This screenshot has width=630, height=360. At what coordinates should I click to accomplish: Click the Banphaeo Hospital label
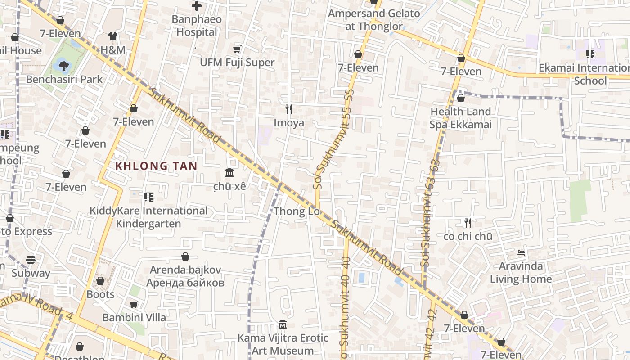click(x=197, y=26)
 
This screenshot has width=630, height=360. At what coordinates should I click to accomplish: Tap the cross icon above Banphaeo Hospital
click(x=197, y=6)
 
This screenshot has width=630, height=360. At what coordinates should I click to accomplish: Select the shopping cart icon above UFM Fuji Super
click(x=237, y=49)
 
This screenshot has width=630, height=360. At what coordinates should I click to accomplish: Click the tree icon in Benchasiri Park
click(x=64, y=66)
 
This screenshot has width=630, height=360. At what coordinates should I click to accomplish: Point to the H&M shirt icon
click(x=112, y=36)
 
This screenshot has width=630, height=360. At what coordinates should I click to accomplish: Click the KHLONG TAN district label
click(x=156, y=166)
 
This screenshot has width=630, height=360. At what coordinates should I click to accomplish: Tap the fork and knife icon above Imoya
click(x=289, y=109)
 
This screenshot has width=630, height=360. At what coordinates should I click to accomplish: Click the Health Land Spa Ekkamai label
click(x=460, y=118)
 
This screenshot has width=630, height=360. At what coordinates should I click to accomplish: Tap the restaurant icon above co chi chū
click(x=468, y=223)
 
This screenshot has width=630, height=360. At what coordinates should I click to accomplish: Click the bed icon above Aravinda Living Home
click(x=521, y=253)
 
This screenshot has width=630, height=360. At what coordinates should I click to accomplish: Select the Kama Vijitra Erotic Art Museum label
click(x=283, y=344)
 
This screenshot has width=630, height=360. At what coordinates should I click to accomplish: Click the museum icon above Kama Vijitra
click(x=283, y=324)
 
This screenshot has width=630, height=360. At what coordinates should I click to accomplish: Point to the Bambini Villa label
click(x=134, y=317)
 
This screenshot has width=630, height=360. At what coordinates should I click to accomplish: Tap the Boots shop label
click(x=100, y=294)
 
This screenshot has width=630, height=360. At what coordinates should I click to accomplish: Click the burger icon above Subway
click(x=31, y=260)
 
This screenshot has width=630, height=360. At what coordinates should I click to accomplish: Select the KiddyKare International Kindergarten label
click(x=148, y=217)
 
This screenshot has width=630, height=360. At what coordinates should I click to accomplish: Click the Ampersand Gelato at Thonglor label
click(x=374, y=20)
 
